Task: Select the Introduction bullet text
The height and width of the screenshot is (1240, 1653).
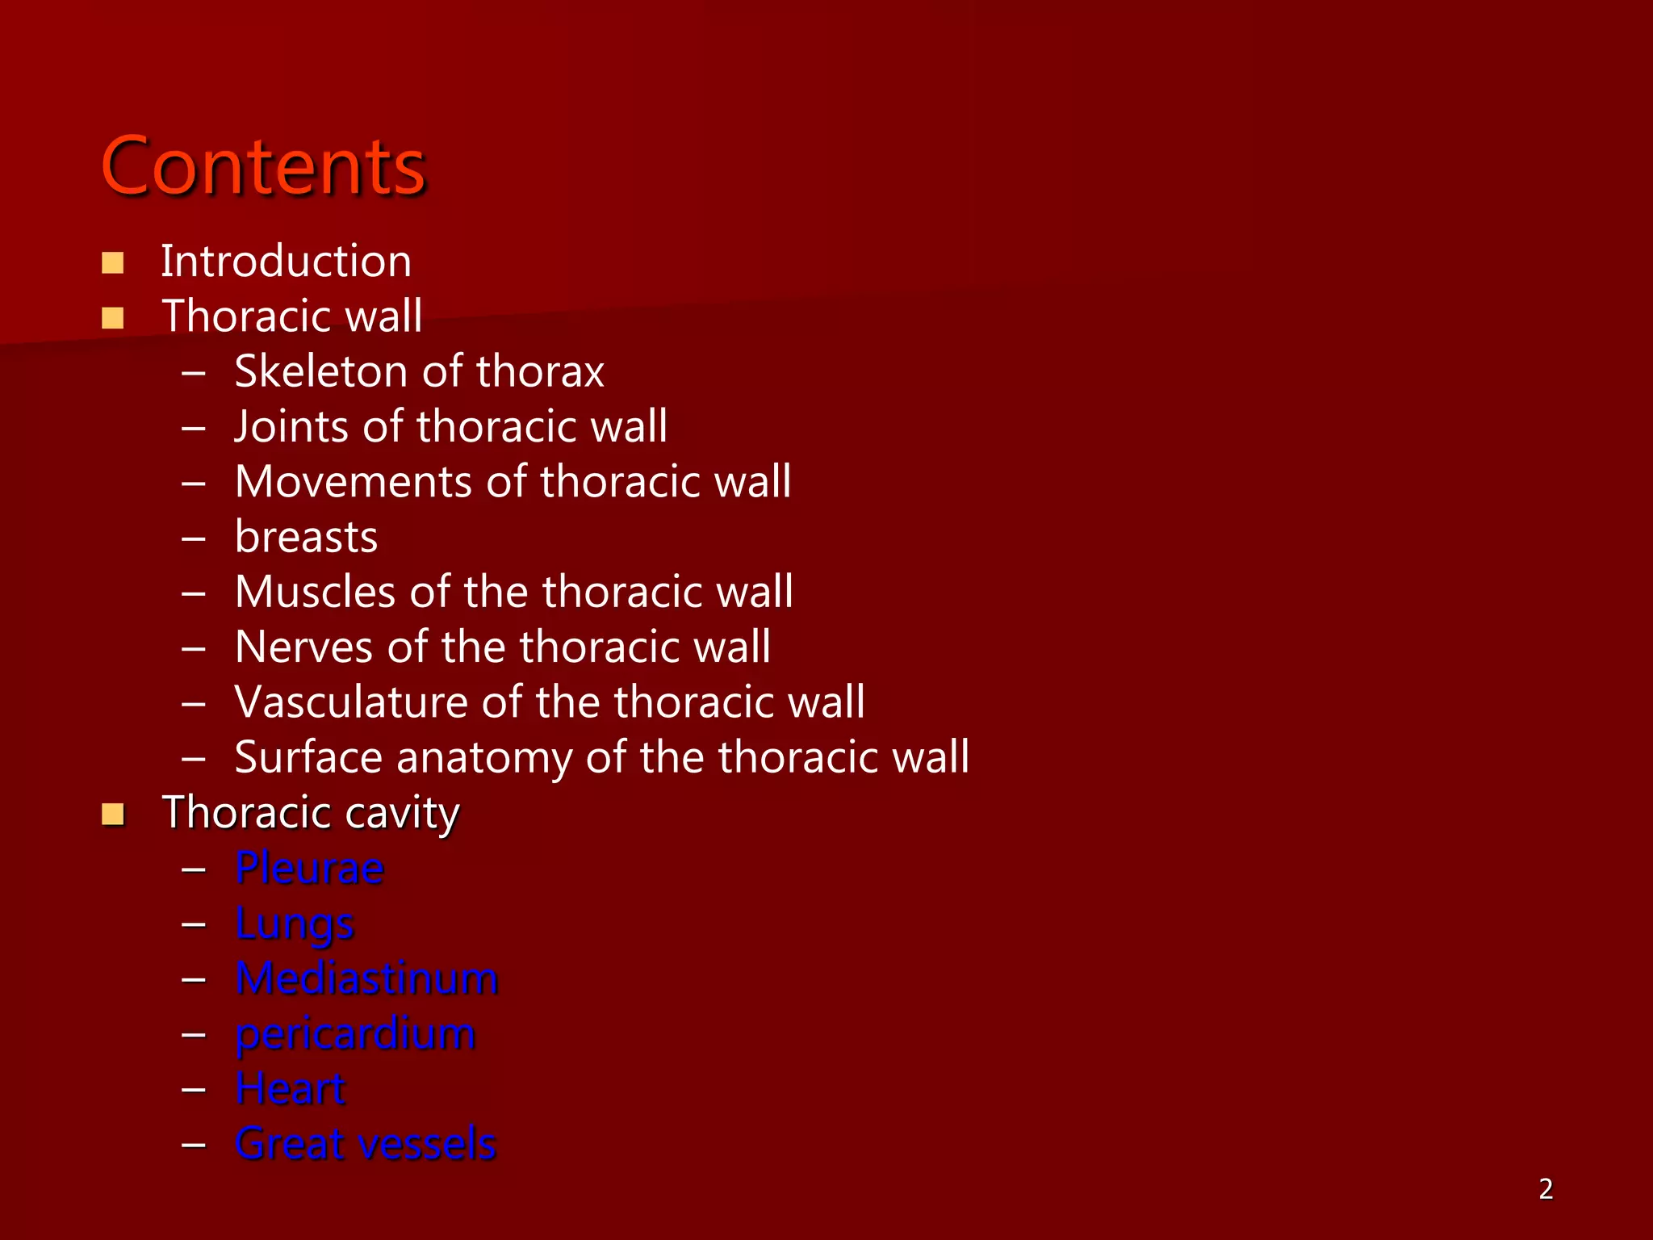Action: [x=286, y=262]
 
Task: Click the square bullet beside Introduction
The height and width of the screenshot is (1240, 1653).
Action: [x=113, y=263]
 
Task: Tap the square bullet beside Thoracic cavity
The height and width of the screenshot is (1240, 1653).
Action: [x=113, y=815]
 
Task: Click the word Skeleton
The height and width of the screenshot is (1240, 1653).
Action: [x=321, y=371]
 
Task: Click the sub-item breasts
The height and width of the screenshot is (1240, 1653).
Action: [x=306, y=537]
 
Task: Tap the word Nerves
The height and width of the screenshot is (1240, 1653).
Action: [x=303, y=647]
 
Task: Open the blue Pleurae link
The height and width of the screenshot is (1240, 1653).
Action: [x=309, y=869]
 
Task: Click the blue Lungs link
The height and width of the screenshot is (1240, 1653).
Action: [x=295, y=924]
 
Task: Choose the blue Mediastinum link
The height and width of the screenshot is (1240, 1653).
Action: [x=366, y=978]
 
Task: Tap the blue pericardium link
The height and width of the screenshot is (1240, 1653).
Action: [x=355, y=1034]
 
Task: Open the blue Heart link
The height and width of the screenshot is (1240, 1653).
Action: [x=291, y=1089]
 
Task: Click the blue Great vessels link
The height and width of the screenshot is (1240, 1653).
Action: [x=365, y=1144]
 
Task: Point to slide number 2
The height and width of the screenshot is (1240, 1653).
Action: [x=1546, y=1189]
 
